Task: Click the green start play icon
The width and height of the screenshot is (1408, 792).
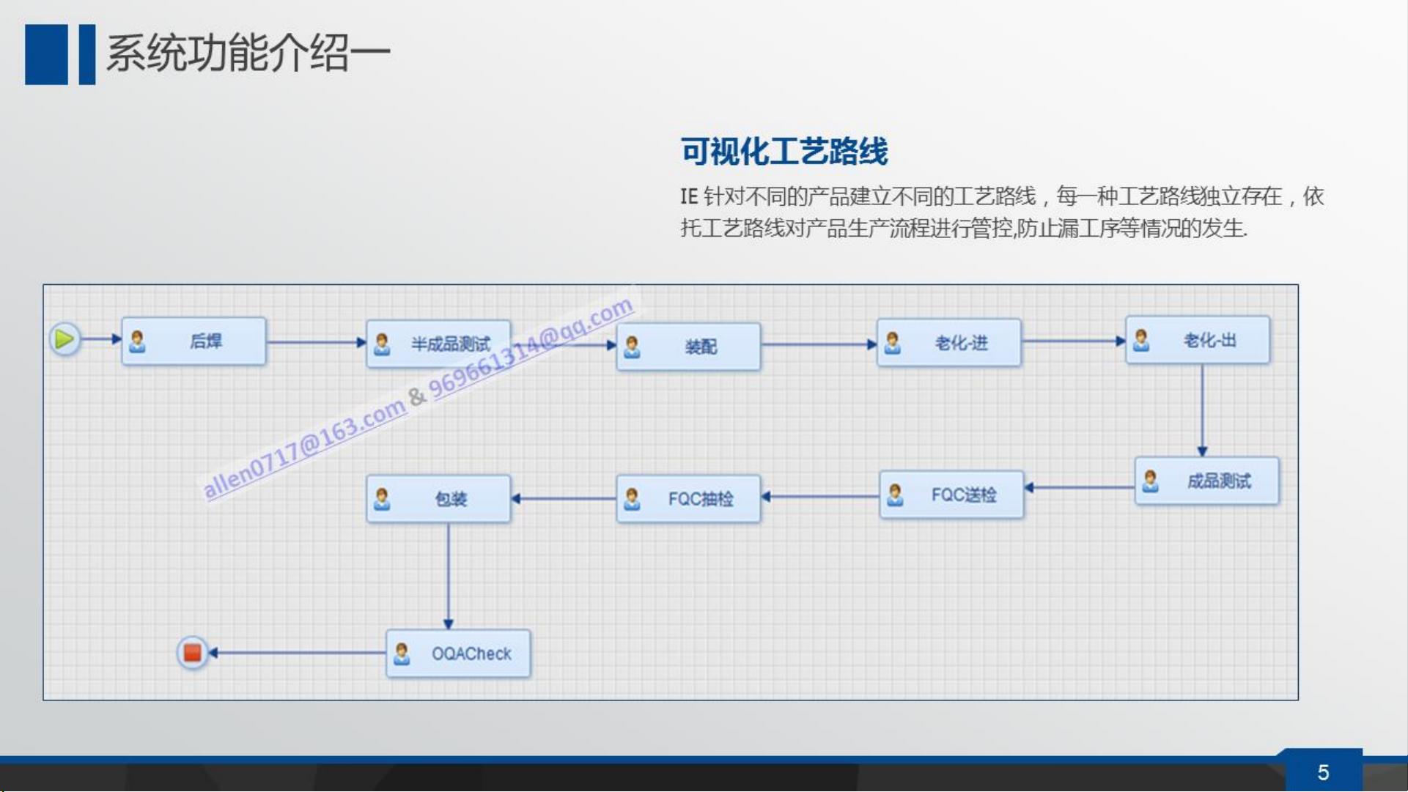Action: pos(64,339)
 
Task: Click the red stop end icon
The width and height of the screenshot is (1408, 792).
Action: pos(193,652)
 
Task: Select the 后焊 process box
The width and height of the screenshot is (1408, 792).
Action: pos(193,341)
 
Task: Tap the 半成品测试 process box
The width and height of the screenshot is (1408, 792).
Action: pos(438,344)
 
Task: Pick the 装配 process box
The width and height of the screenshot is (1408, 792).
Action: pos(688,347)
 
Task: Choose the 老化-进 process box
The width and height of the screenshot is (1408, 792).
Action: pos(948,342)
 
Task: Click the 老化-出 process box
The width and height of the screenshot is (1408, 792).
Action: pos(1198,340)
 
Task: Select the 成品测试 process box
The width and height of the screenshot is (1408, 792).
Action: pos(1206,481)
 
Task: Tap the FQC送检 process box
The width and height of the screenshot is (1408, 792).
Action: pos(951,495)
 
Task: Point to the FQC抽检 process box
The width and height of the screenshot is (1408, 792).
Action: pos(688,498)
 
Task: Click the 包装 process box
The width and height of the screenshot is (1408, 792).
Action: pos(438,498)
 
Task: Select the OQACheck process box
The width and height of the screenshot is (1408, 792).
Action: pos(458,653)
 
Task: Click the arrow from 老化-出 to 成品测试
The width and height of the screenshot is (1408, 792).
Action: pos(1202,410)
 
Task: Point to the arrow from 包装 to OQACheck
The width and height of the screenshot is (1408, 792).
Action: pos(449,576)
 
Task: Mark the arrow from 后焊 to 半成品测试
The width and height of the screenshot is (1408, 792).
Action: pos(317,341)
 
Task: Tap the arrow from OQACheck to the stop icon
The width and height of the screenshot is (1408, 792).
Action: pos(298,652)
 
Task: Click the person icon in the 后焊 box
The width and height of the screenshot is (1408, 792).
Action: pos(137,341)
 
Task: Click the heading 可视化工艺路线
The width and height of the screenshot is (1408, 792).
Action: pos(784,151)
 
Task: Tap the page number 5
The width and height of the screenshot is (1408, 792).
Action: pos(1323,772)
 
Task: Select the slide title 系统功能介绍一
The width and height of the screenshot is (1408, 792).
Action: pos(248,53)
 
